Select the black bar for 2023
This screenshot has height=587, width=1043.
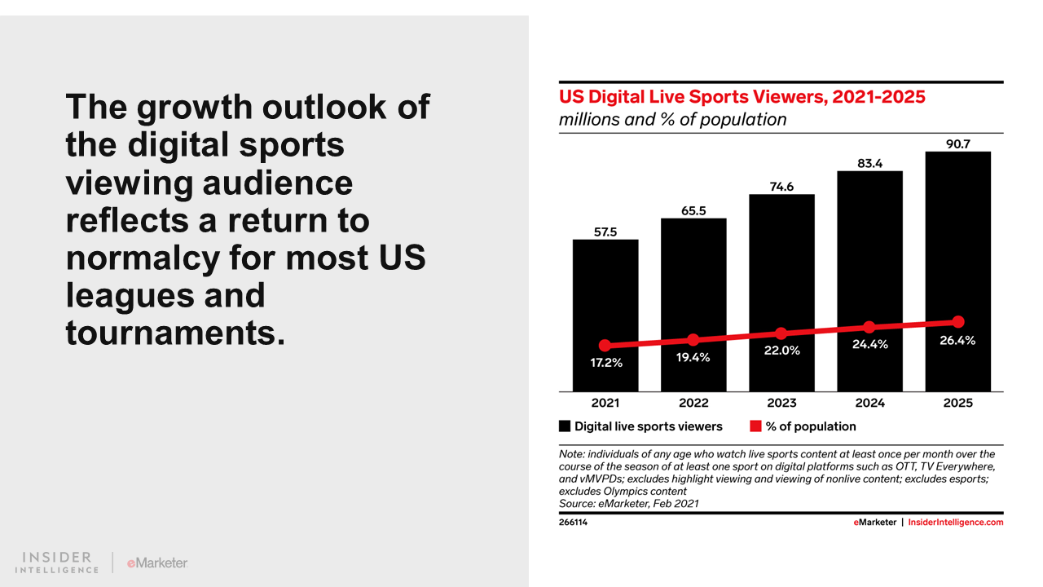[781, 261]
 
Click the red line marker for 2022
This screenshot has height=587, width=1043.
[693, 339]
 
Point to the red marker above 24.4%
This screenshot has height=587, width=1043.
[869, 327]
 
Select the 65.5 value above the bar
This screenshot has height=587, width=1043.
[693, 210]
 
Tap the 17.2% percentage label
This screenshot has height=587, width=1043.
[605, 363]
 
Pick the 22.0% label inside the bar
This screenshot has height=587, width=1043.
[781, 351]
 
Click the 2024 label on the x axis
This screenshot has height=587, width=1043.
[869, 403]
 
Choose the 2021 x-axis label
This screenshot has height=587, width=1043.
[605, 403]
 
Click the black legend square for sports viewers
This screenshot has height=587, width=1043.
[564, 426]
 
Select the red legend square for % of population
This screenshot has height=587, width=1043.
[755, 426]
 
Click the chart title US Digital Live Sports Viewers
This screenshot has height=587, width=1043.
[742, 97]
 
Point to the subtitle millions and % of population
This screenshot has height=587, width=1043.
[672, 120]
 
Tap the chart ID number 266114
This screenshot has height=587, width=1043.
[573, 523]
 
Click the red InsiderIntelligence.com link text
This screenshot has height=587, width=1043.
[956, 523]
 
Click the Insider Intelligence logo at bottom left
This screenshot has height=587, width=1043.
[57, 563]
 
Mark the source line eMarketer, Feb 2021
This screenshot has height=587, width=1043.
[628, 504]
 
